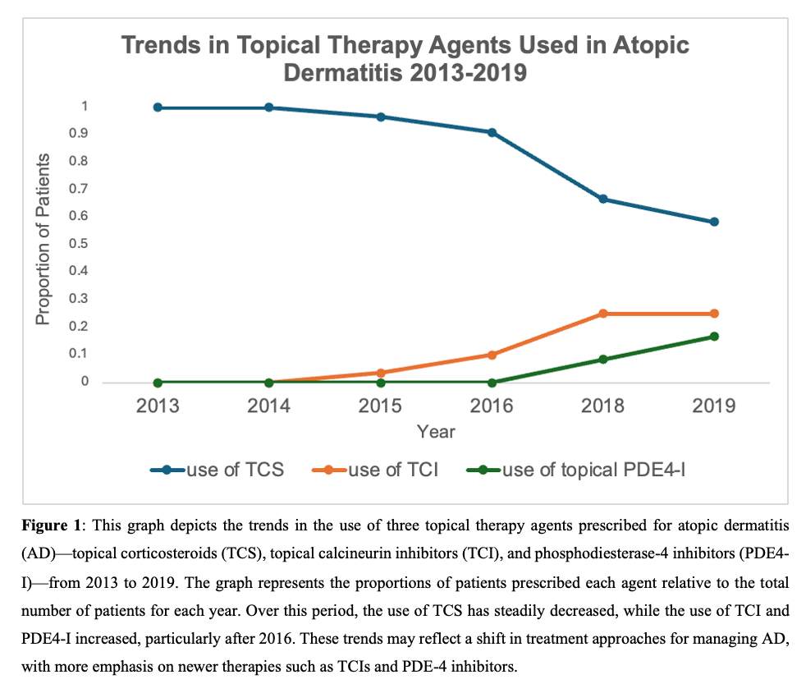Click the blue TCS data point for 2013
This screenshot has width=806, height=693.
(157, 108)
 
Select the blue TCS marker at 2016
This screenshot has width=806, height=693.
(492, 132)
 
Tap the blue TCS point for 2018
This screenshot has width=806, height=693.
(602, 200)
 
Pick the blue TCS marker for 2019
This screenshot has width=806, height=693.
(714, 222)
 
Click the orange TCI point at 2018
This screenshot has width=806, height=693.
(602, 314)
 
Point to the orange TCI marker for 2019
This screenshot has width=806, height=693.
(714, 314)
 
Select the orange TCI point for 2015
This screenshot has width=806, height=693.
(380, 373)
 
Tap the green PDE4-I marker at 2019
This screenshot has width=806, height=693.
(714, 336)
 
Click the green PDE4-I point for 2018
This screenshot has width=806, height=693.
(602, 359)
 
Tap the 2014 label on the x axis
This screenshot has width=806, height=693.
(268, 406)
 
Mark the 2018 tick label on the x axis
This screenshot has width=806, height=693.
(602, 406)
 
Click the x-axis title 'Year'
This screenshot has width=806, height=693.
(435, 431)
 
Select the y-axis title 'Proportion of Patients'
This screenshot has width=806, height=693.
(44, 239)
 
